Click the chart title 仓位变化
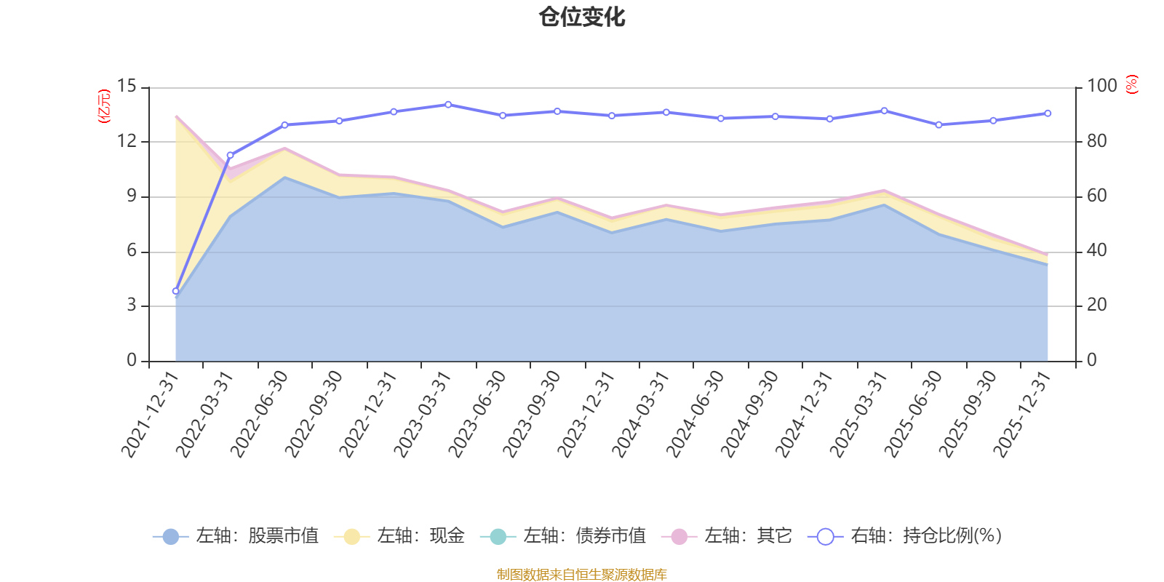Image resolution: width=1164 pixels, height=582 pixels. [x=582, y=17]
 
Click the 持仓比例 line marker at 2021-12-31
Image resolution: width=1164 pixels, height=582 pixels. [x=175, y=291]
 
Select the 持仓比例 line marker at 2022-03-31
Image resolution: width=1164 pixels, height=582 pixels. [x=230, y=155]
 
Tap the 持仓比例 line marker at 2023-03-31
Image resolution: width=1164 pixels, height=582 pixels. [x=448, y=105]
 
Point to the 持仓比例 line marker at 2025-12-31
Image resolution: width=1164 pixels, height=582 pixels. [x=1048, y=113]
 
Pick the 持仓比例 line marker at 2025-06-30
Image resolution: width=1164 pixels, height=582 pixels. [x=938, y=125]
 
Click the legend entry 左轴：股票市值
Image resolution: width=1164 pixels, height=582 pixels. [x=236, y=536]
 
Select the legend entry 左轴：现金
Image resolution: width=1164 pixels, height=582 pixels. [x=399, y=536]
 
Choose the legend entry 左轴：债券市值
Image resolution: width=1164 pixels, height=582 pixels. [x=563, y=536]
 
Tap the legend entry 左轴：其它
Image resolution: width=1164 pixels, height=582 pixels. [x=727, y=536]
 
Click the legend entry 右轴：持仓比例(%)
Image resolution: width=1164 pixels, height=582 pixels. [x=905, y=536]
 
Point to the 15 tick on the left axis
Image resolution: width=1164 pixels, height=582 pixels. [x=127, y=87]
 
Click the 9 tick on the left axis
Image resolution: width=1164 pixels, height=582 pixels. [x=131, y=196]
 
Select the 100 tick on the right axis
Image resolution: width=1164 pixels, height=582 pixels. [x=1101, y=87]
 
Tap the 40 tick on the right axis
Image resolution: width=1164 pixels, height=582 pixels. [x=1097, y=251]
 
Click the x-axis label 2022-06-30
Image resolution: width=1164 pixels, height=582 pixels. [x=260, y=413]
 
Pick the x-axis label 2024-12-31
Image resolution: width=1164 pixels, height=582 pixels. [x=804, y=413]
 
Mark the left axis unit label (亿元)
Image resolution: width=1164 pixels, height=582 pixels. [x=105, y=106]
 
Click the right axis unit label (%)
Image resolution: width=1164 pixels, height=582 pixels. [x=1132, y=84]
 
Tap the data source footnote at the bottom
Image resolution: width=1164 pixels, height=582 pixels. [x=582, y=575]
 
